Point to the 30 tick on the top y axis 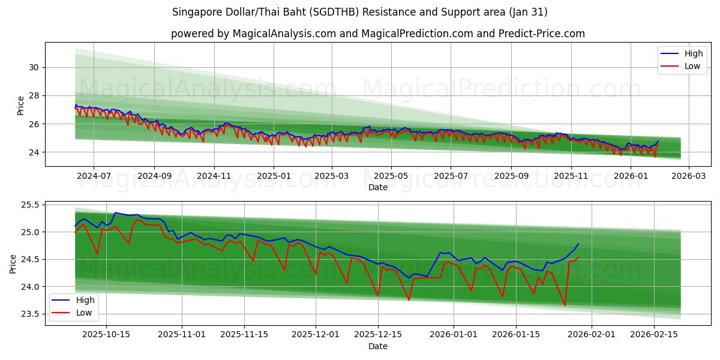[x=33, y=67]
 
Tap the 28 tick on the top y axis [x=33, y=95]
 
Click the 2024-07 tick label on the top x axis [x=94, y=176]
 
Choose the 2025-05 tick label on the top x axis [x=391, y=176]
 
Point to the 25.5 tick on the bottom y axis [x=30, y=205]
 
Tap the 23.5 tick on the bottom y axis [x=30, y=314]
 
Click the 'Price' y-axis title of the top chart [x=21, y=106]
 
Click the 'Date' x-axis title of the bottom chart [x=377, y=346]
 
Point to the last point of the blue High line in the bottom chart [x=578, y=244]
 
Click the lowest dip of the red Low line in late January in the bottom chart [x=565, y=305]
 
